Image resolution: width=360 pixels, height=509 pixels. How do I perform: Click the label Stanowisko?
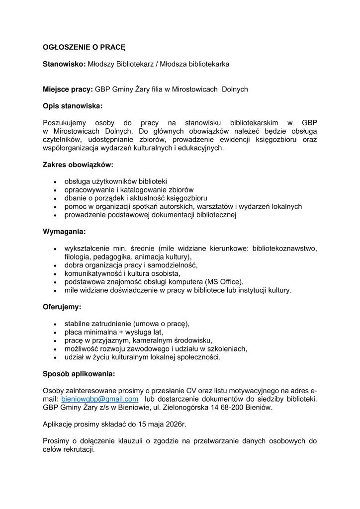pyautogui.click(x=64, y=64)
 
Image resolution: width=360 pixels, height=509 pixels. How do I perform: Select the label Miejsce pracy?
pyautogui.click(x=68, y=89)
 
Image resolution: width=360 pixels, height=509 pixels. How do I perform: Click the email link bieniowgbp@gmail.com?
pyautogui.click(x=99, y=399)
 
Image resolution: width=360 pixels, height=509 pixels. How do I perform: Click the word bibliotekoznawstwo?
pyautogui.click(x=284, y=248)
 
